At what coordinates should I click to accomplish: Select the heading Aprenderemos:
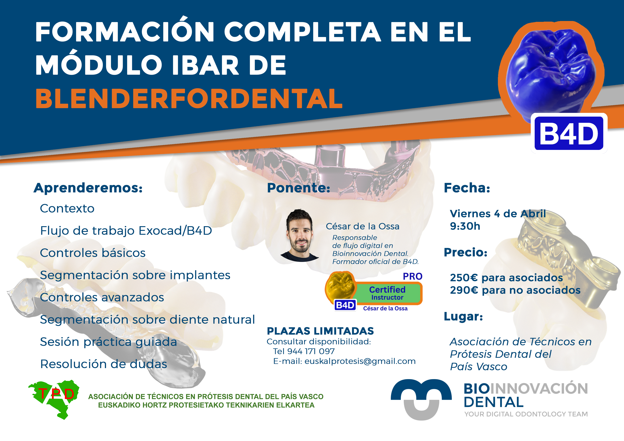tap(88, 188)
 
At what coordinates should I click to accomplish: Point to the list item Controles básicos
tap(93, 253)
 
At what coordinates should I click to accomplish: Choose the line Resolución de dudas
tap(104, 364)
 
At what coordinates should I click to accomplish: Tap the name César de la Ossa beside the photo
tap(363, 226)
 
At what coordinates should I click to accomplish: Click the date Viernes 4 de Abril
tap(498, 214)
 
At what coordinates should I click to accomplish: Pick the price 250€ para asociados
tap(506, 278)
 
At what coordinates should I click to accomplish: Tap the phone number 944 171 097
tap(311, 351)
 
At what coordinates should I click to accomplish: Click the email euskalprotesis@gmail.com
tap(360, 361)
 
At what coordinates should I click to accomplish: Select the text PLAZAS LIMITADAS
tap(320, 331)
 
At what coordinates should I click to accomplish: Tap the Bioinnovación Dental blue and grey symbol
tap(421, 399)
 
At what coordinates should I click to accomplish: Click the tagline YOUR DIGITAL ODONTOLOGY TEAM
tap(526, 414)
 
